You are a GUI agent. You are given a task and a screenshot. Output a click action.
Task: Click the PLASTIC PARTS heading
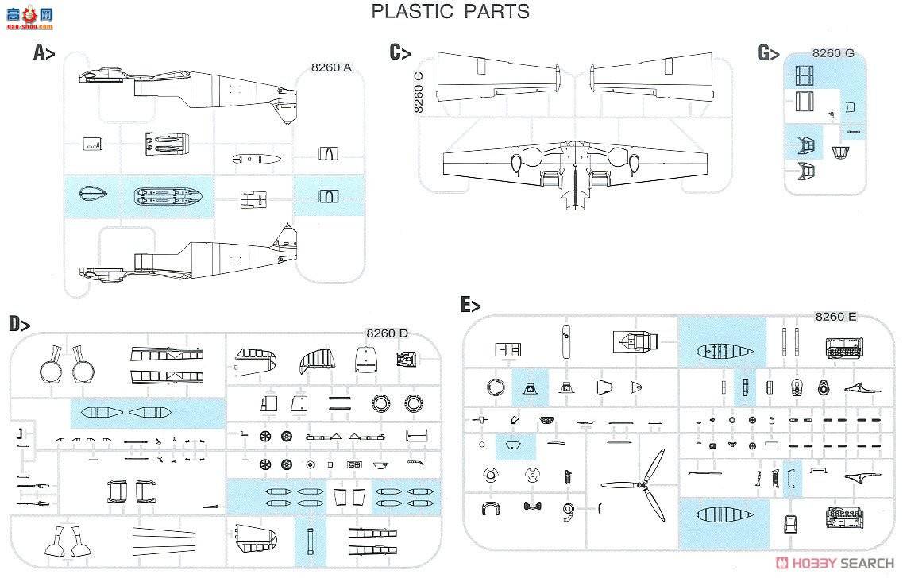(450, 12)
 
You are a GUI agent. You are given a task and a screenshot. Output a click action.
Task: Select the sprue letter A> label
(44, 52)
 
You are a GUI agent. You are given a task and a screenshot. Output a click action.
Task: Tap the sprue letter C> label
(399, 52)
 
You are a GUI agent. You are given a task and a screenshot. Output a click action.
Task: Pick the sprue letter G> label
(769, 53)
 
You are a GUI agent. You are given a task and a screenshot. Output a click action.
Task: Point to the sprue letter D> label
(20, 324)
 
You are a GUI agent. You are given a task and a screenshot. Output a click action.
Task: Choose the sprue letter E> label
(470, 304)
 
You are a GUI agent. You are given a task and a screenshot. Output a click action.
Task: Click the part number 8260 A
(330, 67)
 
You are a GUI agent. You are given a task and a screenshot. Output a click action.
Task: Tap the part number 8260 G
(833, 53)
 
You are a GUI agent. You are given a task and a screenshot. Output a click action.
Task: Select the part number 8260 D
(387, 333)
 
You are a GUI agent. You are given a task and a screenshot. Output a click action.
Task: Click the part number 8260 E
(835, 317)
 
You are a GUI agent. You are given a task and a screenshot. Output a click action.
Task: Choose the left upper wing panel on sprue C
(493, 77)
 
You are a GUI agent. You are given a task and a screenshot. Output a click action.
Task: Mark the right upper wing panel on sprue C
(652, 77)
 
